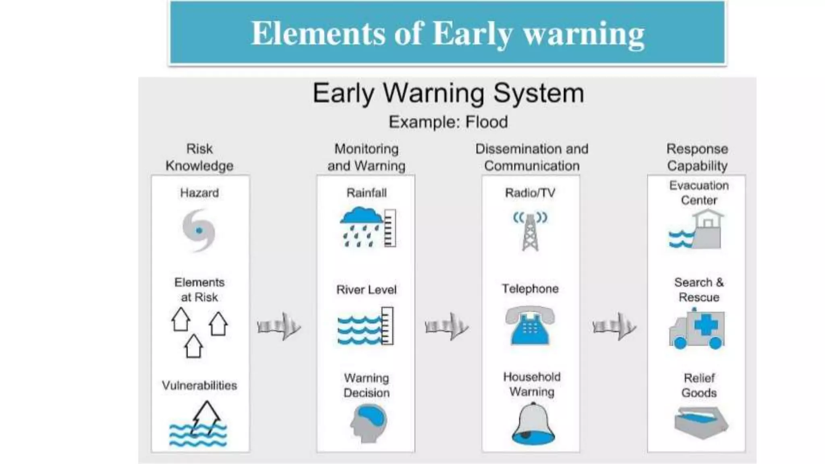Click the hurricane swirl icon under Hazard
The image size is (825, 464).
199,230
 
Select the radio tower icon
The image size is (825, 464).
530,232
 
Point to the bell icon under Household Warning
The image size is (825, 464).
533,425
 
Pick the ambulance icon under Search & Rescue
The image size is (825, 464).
697,329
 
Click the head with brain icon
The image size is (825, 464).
368,423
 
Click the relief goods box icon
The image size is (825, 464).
701,423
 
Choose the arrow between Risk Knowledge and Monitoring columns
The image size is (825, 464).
279,326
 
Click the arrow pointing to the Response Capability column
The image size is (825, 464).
614,326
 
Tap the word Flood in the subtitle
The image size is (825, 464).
487,122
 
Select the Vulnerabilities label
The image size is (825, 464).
199,385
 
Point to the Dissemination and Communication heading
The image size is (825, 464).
532,157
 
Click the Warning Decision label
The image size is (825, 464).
367,385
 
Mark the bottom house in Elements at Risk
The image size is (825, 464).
193,346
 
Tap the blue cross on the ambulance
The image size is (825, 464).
706,325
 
